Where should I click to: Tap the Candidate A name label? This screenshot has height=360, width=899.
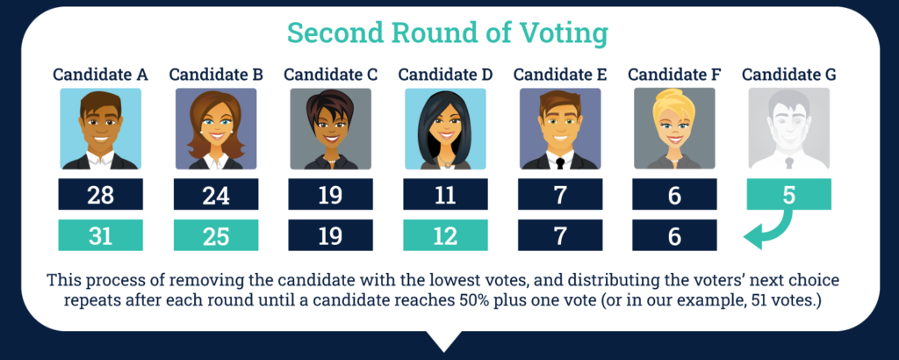tap(100, 75)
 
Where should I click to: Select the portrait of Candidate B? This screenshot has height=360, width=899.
tap(216, 128)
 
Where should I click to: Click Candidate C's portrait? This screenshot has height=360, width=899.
tap(330, 128)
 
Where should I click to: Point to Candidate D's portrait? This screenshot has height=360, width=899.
tap(445, 128)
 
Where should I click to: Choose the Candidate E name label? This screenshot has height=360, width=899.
tap(560, 75)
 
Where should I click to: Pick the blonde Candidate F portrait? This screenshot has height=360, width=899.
tap(674, 128)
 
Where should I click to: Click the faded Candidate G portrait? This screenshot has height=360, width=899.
tap(789, 128)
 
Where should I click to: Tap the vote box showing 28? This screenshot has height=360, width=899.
tap(100, 194)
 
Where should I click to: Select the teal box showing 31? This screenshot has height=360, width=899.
tap(100, 235)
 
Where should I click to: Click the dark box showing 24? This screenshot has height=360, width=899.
tap(216, 194)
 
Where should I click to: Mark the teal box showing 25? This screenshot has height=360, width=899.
tap(216, 235)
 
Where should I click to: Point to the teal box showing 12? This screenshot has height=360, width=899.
tap(445, 235)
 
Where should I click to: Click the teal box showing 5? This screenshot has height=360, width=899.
tap(789, 194)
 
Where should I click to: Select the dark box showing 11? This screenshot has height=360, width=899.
tap(445, 194)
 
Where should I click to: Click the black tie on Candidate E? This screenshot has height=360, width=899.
tap(560, 162)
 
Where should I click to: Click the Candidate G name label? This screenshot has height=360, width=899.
tap(789, 75)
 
